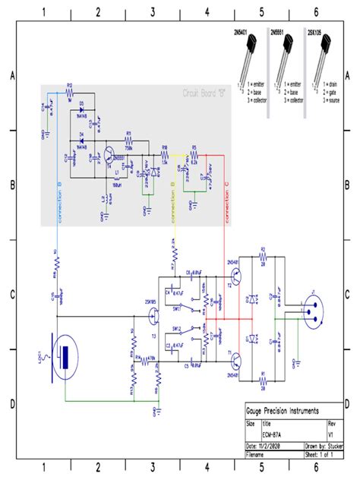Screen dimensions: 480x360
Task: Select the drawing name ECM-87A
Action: click(273, 434)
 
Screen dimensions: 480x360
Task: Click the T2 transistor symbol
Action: click(237, 279)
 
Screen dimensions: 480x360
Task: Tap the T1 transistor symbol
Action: click(237, 362)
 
